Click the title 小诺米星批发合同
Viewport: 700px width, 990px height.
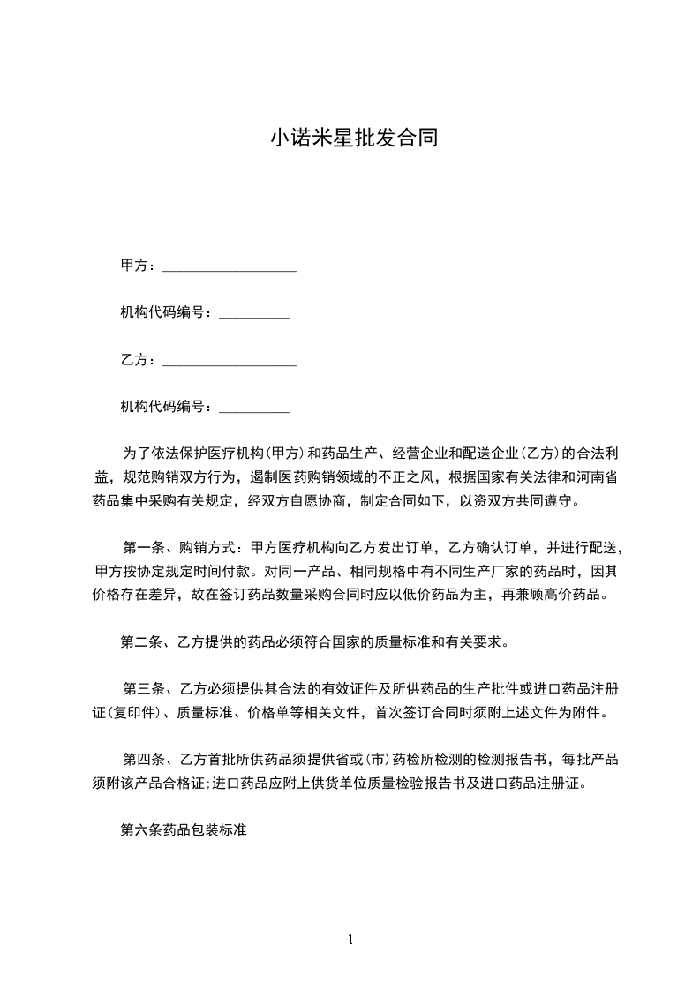click(353, 139)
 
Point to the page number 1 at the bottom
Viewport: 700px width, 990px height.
click(350, 940)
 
